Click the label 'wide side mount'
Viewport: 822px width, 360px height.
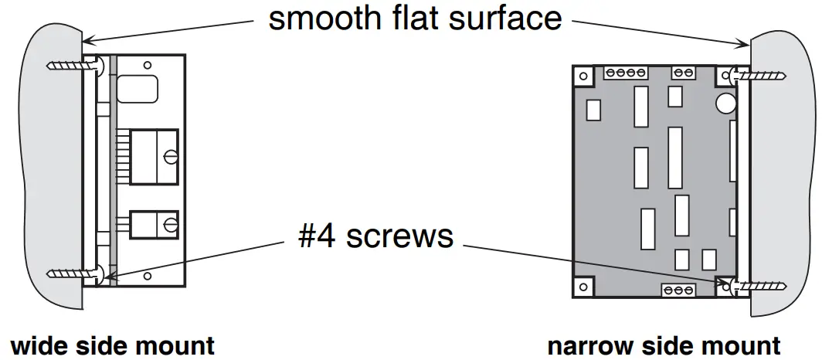112,345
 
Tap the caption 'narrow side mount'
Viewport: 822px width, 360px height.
664,345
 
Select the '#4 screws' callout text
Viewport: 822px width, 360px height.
375,235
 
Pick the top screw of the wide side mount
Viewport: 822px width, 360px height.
74,66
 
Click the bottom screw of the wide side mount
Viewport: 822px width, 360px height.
74,273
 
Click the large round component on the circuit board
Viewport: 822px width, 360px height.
725,103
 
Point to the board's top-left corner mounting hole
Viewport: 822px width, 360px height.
583,76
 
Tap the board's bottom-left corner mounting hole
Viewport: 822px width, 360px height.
583,287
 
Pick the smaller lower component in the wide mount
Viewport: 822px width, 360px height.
155,224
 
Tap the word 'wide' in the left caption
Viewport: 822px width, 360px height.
37,345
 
